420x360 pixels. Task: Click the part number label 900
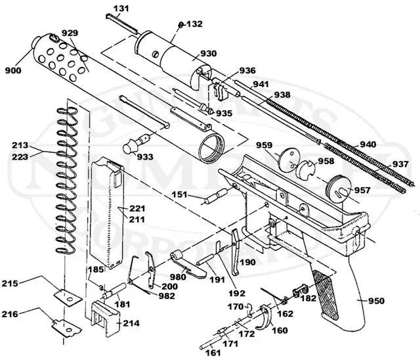14,70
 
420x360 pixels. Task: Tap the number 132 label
194,24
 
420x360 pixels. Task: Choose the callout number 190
248,261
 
